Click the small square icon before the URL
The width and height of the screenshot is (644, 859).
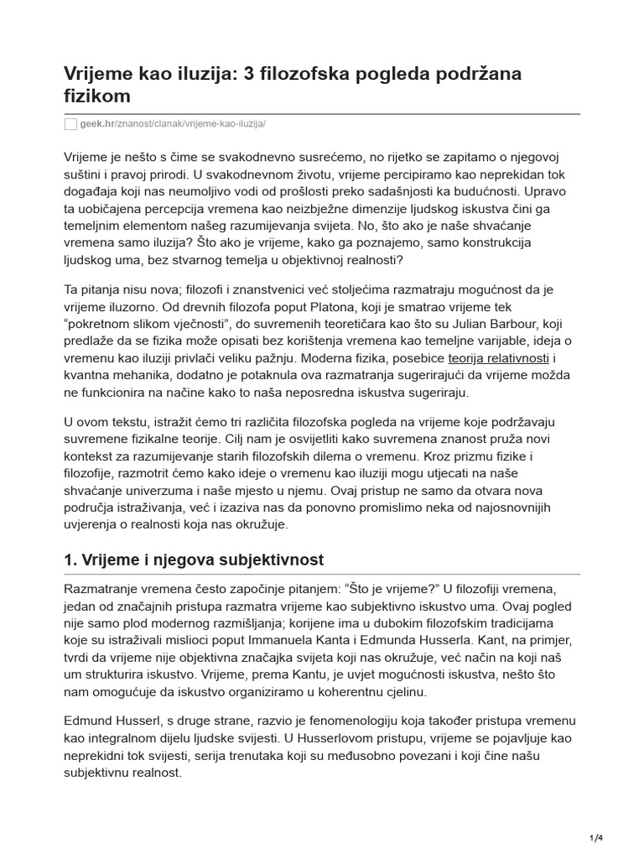pyautogui.click(x=70, y=123)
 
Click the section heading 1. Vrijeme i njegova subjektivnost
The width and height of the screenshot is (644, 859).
pyautogui.click(x=194, y=560)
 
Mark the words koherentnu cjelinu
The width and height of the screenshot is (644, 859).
pyautogui.click(x=369, y=691)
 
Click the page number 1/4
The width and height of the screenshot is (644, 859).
pyautogui.click(x=596, y=837)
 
